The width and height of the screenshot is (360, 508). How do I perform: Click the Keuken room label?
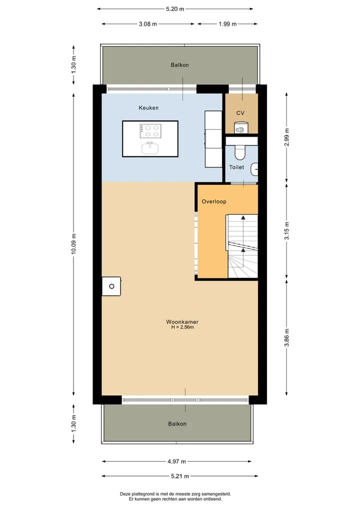pos(148,108)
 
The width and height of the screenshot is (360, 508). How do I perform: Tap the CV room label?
pos(240,113)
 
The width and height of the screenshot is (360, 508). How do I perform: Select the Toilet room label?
pos(236,167)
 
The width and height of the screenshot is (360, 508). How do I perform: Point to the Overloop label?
pos(214,201)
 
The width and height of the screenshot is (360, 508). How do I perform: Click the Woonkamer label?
pos(182,322)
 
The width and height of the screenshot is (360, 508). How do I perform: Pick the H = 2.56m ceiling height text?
pos(182,327)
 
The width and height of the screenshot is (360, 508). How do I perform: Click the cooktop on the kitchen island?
pos(150,131)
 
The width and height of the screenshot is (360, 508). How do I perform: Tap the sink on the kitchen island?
pos(150,148)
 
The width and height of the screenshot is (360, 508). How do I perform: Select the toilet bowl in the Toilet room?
pos(240,152)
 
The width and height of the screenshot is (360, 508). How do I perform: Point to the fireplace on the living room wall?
pos(111,286)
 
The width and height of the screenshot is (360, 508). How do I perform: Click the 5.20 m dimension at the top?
pos(175,9)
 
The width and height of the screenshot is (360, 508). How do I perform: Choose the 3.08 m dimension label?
pos(148,24)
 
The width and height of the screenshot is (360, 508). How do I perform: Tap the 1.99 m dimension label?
pos(227,24)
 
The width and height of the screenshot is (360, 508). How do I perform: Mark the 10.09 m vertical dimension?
pos(73,243)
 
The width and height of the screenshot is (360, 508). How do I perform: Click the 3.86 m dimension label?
pos(286,338)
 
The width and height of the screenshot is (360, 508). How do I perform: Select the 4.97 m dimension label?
pos(177,462)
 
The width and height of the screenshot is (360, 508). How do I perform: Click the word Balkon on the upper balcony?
pos(179,65)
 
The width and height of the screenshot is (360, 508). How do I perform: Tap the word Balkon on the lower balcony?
pos(177,424)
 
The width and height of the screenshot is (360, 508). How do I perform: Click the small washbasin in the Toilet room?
pos(254,169)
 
